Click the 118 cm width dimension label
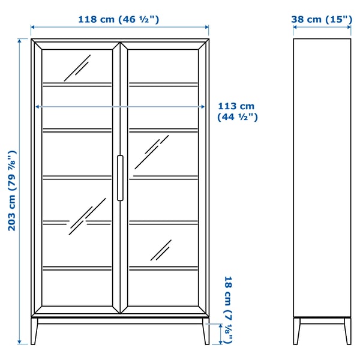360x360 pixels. (118, 19)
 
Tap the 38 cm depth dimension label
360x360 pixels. (322, 19)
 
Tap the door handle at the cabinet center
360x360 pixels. (120, 178)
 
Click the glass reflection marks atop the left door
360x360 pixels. (77, 67)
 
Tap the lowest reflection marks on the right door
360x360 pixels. (161, 250)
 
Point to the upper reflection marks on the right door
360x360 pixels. (151, 152)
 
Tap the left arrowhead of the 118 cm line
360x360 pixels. (34, 27)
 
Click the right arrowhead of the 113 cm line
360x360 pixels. (205, 107)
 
